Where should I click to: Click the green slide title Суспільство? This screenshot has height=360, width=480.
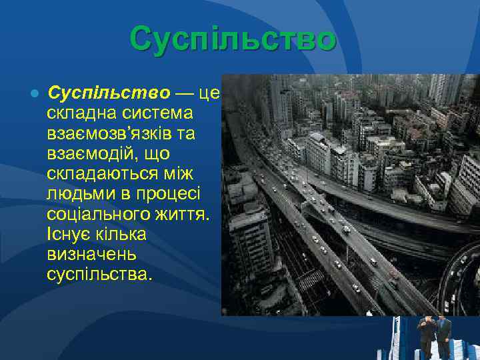pyautogui.click(x=233, y=39)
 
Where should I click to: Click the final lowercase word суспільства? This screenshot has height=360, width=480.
pyautogui.click(x=99, y=274)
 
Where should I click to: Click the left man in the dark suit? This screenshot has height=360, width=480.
pyautogui.click(x=425, y=337)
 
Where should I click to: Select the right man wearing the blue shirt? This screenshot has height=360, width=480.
pyautogui.click(x=443, y=337)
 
